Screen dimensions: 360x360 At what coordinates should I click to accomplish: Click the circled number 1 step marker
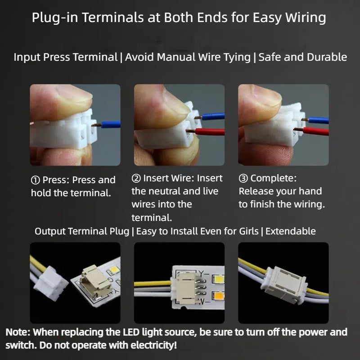tap(36, 180)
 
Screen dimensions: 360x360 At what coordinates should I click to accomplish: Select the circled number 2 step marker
tap(136, 178)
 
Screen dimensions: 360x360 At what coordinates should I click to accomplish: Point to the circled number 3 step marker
tap(243, 178)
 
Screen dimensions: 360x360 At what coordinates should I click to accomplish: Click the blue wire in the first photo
tap(111, 125)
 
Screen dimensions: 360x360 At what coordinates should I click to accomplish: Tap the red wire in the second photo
tap(210, 132)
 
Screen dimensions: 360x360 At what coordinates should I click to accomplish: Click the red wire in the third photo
tap(316, 131)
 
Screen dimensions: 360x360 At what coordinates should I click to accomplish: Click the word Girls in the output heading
tap(249, 231)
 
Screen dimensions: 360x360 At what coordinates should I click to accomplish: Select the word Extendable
tap(290, 231)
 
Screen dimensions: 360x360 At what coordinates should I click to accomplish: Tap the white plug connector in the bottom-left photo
tap(51, 283)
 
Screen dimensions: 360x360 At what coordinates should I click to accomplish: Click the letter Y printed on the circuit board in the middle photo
tap(201, 274)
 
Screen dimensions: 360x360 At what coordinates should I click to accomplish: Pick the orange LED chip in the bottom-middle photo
tap(218, 296)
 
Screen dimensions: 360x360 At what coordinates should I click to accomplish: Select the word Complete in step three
tap(274, 178)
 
